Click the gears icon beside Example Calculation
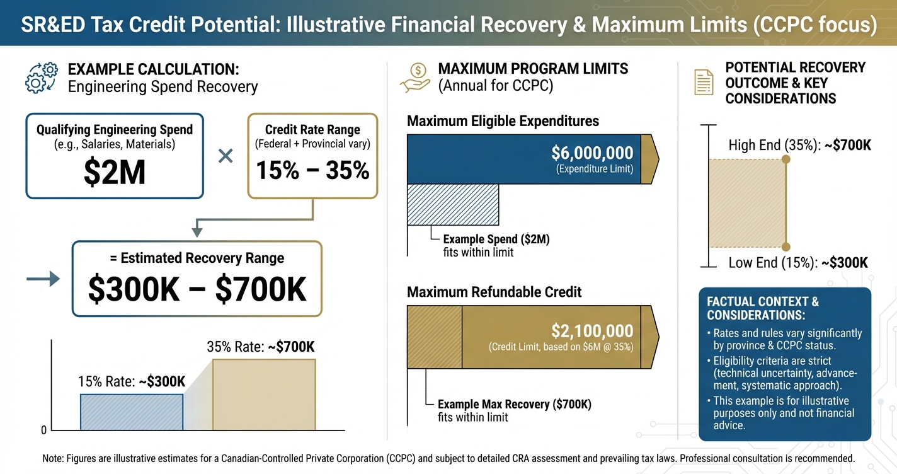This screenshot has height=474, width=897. tap(42, 78)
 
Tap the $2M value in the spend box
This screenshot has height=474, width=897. tap(114, 173)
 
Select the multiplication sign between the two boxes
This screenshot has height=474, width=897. tap(226, 156)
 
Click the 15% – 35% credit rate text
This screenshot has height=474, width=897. tap(312, 170)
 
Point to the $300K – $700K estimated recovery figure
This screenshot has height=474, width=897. tap(197, 289)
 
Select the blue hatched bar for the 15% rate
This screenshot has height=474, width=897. tap(131, 412)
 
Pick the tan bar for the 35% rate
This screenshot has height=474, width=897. tap(264, 395)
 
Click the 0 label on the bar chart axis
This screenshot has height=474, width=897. tap(43, 431)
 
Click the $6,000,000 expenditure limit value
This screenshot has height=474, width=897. tap(591, 153)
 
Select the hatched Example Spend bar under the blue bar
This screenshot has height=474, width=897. tap(453, 204)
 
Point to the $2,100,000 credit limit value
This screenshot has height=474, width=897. tap(591, 330)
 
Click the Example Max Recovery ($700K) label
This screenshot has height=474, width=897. tap(515, 404)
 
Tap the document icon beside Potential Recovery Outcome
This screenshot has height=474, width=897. tap(704, 83)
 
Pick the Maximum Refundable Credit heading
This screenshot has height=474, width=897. tap(494, 292)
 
